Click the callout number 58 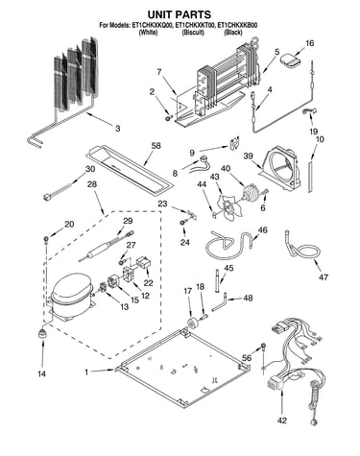(x=156, y=146)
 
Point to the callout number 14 (x=41, y=373)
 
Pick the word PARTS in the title (x=193, y=14)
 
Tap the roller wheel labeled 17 (x=193, y=324)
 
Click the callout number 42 (x=282, y=420)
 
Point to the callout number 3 (x=118, y=129)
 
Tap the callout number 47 (x=324, y=276)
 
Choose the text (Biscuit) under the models (x=193, y=33)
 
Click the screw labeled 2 (x=168, y=119)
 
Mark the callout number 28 (x=92, y=184)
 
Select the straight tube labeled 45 (x=218, y=281)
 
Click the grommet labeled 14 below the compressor (x=41, y=333)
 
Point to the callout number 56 (x=247, y=358)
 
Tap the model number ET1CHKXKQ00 (x=153, y=25)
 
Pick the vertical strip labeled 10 (x=310, y=177)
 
